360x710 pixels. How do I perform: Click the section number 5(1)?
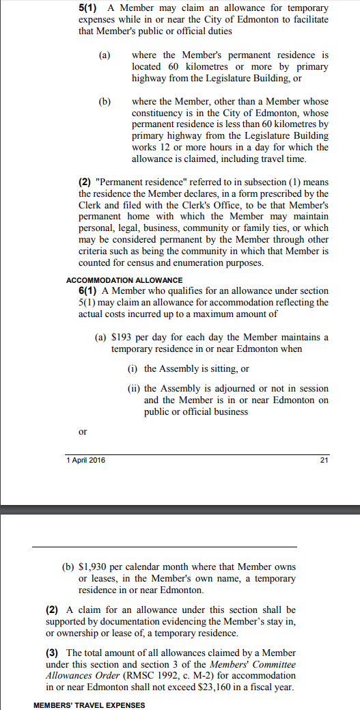click(x=89, y=8)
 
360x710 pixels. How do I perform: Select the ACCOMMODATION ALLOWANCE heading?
click(x=124, y=280)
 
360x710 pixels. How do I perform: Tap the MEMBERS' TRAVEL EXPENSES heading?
click(x=89, y=705)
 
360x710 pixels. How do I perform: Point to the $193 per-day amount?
click(x=122, y=338)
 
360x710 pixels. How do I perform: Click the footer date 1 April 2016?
click(x=86, y=460)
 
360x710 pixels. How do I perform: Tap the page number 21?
click(x=324, y=460)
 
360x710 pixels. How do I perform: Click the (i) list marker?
click(x=133, y=369)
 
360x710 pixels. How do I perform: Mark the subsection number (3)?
click(x=52, y=653)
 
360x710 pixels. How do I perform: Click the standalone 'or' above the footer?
click(x=83, y=432)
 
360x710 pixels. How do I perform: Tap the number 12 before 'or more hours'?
click(x=165, y=148)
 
